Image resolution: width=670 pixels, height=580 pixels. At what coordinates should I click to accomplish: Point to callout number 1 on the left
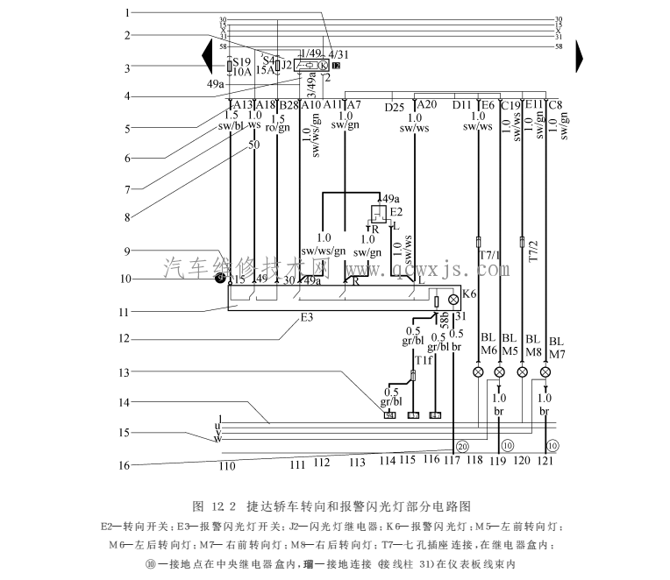(127, 12)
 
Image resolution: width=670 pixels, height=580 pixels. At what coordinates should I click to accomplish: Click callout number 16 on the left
(127, 465)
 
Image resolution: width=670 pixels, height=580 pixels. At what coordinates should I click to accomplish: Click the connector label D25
(395, 106)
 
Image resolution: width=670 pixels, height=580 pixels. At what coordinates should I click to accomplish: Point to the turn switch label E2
(396, 212)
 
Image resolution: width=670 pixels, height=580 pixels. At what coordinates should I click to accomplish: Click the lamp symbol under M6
(478, 371)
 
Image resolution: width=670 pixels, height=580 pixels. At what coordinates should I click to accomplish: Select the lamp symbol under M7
(545, 371)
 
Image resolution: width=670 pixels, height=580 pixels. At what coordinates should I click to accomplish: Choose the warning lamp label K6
(469, 294)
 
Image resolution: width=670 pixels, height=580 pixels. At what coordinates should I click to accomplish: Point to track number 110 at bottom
(227, 466)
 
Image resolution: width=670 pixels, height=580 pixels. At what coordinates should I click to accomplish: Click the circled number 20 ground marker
(463, 446)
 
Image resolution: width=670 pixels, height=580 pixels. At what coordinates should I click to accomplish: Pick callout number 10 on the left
(127, 279)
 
